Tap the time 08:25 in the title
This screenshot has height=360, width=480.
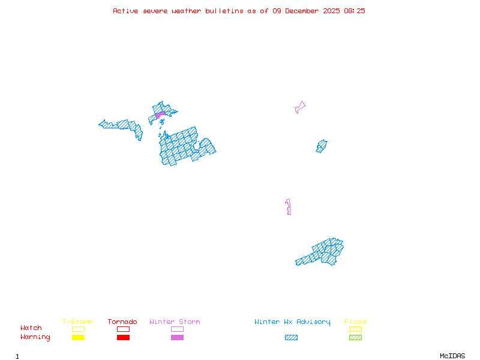tap(353, 11)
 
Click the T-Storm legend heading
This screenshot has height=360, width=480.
tap(77, 322)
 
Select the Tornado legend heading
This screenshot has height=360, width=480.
tap(122, 322)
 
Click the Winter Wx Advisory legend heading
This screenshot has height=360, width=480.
tap(292, 322)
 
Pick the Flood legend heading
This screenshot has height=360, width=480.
tap(355, 322)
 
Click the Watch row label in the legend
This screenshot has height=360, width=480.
tap(31, 328)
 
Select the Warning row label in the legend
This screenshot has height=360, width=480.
tap(35, 337)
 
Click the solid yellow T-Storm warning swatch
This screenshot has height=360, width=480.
tap(78, 338)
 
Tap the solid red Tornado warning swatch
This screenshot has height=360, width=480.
tap(123, 338)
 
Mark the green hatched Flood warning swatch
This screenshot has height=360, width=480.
tap(355, 338)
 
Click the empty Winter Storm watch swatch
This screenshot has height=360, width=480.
tap(177, 329)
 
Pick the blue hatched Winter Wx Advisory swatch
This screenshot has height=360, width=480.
tap(291, 338)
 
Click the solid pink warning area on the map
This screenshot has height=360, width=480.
tap(160, 114)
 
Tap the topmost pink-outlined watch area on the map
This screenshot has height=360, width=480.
tap(299, 107)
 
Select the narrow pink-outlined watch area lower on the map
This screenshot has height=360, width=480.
tap(289, 206)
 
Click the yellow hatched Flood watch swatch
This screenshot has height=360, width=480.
tap(355, 329)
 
